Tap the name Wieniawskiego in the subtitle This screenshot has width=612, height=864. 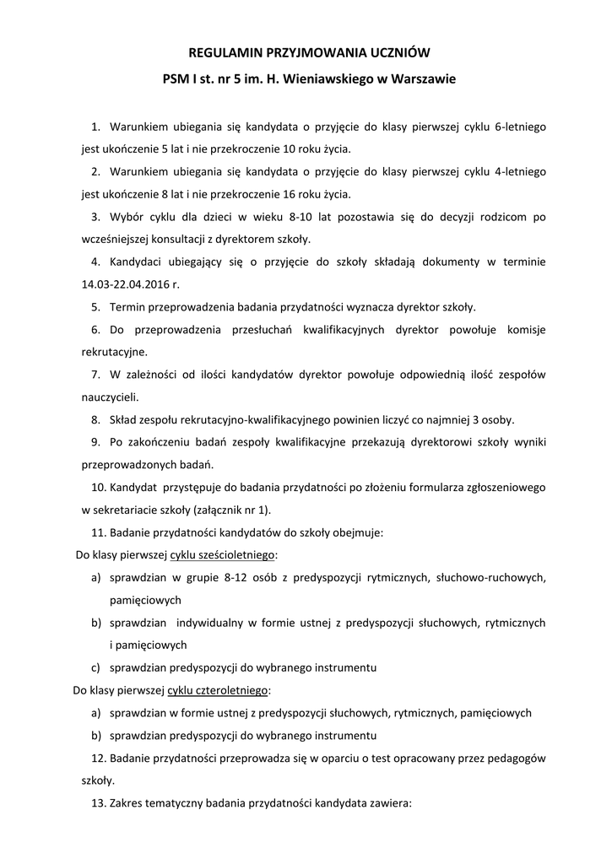340,81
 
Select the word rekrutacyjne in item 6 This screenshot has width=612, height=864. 115,351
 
